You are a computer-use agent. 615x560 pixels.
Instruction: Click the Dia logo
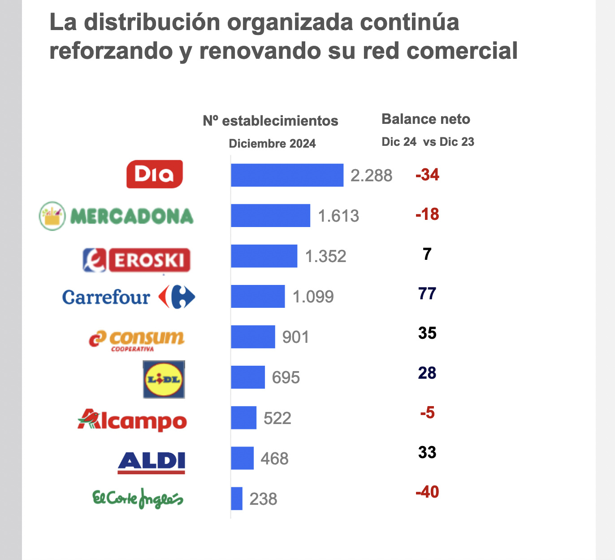pos(155,174)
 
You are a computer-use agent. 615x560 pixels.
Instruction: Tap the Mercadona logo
pos(117,216)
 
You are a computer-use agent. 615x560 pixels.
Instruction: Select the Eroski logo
pos(137,260)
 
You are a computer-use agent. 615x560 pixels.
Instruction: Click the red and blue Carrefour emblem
pos(177,297)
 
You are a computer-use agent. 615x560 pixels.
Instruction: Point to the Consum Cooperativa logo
pos(137,340)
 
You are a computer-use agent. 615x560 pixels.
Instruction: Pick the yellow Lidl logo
pos(164,380)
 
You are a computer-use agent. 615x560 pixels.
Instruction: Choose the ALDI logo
pos(152,462)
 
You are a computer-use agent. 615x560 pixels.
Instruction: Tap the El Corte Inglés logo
pos(138,498)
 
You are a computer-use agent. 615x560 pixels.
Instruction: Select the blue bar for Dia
pos(287,175)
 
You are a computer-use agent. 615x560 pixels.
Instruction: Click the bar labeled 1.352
pos(264,256)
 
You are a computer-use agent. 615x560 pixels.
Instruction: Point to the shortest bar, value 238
pos(237,499)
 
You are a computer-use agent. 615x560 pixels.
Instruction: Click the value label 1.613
pos(338,216)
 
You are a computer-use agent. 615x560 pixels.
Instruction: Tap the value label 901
pos(295,337)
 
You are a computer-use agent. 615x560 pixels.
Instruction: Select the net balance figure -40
pos(427,492)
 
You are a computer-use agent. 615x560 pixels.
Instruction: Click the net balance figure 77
pos(427,293)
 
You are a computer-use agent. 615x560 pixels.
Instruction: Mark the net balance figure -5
pos(427,412)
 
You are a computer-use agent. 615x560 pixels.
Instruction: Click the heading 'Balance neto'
pos(426,119)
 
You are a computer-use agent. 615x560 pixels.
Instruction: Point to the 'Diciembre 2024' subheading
pos(272,144)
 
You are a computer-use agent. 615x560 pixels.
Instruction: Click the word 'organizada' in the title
pos(290,22)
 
